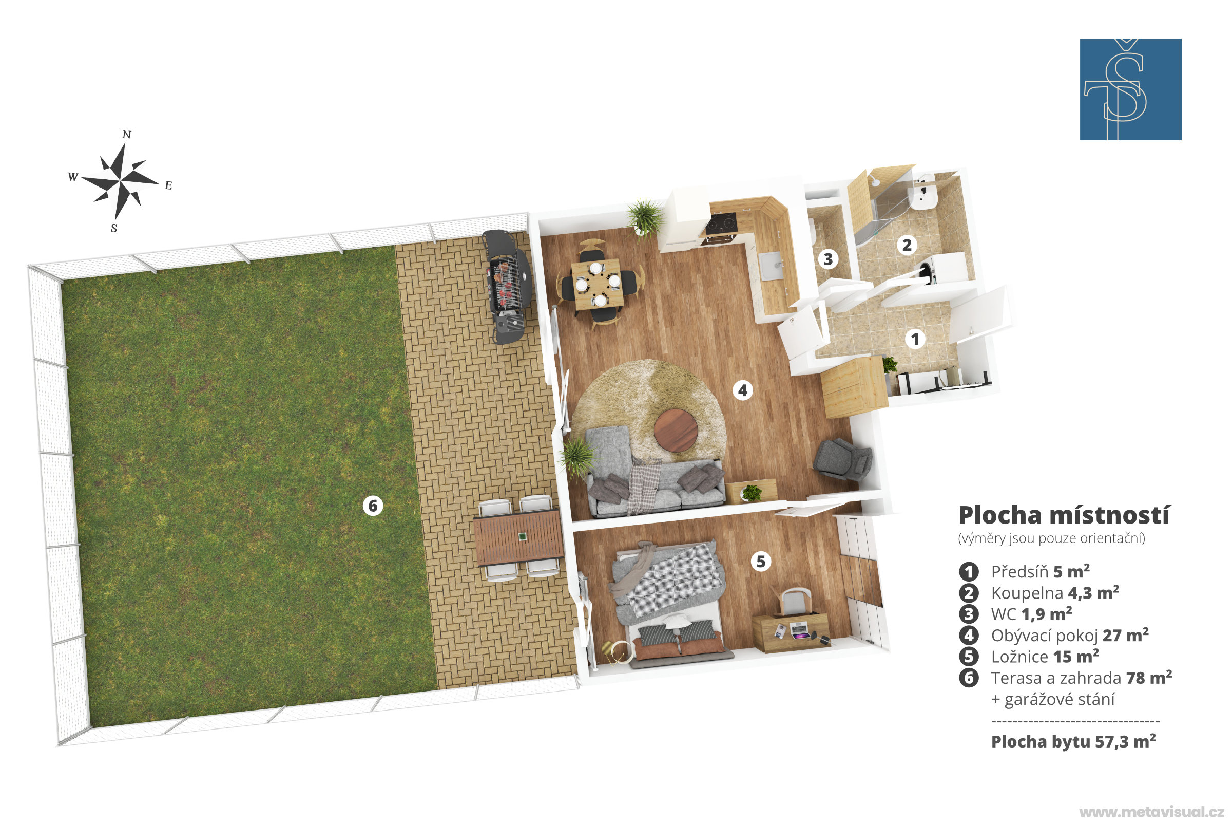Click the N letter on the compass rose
coord(127,135)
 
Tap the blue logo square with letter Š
coord(1130,89)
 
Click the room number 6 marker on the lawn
coord(373,506)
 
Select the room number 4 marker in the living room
coord(743,390)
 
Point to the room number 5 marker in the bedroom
coord(761,562)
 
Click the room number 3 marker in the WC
coord(828,259)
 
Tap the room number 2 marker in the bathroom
coord(907,245)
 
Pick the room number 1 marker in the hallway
coord(915,339)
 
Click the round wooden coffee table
coord(676,431)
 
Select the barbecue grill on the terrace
coord(507,286)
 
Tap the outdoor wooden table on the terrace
coord(518,537)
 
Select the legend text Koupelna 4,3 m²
coord(1055,593)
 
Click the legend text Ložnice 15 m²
coord(1045,657)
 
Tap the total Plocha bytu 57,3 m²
coord(1073,741)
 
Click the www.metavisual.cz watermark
coord(1152,812)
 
